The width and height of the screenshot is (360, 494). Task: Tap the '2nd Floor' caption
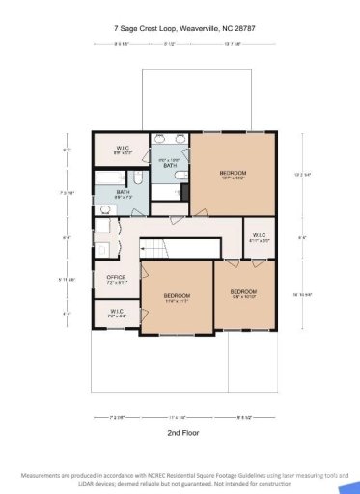pyautogui.click(x=180, y=434)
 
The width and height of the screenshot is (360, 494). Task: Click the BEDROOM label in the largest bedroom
pyautogui.click(x=236, y=172)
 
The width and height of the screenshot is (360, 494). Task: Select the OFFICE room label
pyautogui.click(x=116, y=278)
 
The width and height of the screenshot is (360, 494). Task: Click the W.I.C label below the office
pyautogui.click(x=116, y=311)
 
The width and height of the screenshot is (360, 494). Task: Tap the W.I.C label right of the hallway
pyautogui.click(x=258, y=234)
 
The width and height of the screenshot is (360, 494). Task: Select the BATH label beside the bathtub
pyautogui.click(x=124, y=192)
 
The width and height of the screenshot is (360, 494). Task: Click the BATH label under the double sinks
pyautogui.click(x=169, y=166)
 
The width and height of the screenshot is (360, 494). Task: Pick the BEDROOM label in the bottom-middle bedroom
pyautogui.click(x=176, y=295)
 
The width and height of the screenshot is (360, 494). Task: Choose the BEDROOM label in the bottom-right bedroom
pyautogui.click(x=242, y=290)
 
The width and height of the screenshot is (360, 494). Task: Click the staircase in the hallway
pyautogui.click(x=163, y=249)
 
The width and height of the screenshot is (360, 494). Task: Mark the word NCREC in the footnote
pyautogui.click(x=148, y=477)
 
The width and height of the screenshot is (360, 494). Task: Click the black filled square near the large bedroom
pyautogui.click(x=182, y=193)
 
